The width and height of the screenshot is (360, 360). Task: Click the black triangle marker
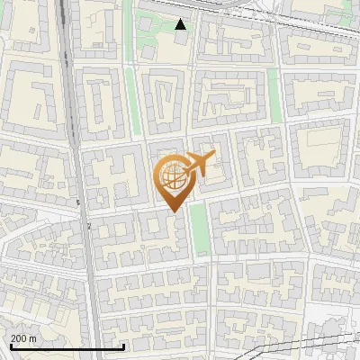pos(181,24)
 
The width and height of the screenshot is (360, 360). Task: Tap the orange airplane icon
pos(199,165)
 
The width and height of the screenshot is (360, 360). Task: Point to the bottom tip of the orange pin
pos(173,212)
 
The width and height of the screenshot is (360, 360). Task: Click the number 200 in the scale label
pos(19,338)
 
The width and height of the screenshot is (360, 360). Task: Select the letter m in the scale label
pos(33,338)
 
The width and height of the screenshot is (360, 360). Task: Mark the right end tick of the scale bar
pos(123,346)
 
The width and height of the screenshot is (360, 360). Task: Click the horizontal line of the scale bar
pos(66,347)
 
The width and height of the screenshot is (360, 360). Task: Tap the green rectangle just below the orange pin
pos(199,229)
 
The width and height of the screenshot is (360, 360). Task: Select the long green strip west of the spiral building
pos(130,100)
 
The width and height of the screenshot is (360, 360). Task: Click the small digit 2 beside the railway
pos(90,227)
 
